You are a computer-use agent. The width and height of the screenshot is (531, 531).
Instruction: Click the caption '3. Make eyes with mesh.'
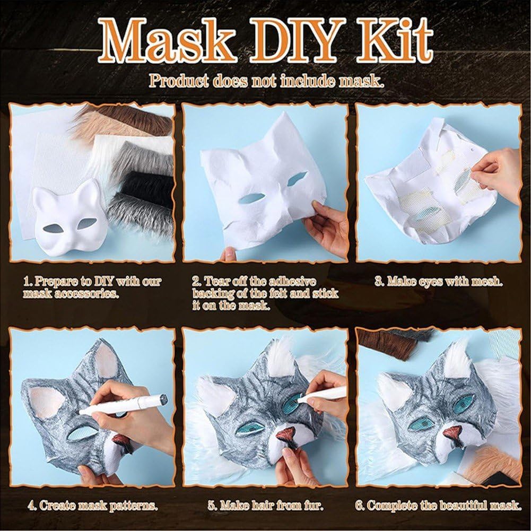(438, 282)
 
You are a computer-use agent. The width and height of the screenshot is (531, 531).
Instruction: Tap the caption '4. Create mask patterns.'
(93, 506)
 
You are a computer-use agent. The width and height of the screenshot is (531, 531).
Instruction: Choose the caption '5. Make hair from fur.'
(265, 506)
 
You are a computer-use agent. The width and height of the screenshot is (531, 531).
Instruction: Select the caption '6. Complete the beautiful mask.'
(438, 506)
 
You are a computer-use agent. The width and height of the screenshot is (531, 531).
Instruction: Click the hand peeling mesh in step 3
(496, 176)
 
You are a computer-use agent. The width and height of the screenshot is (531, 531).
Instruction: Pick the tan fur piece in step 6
(495, 465)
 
